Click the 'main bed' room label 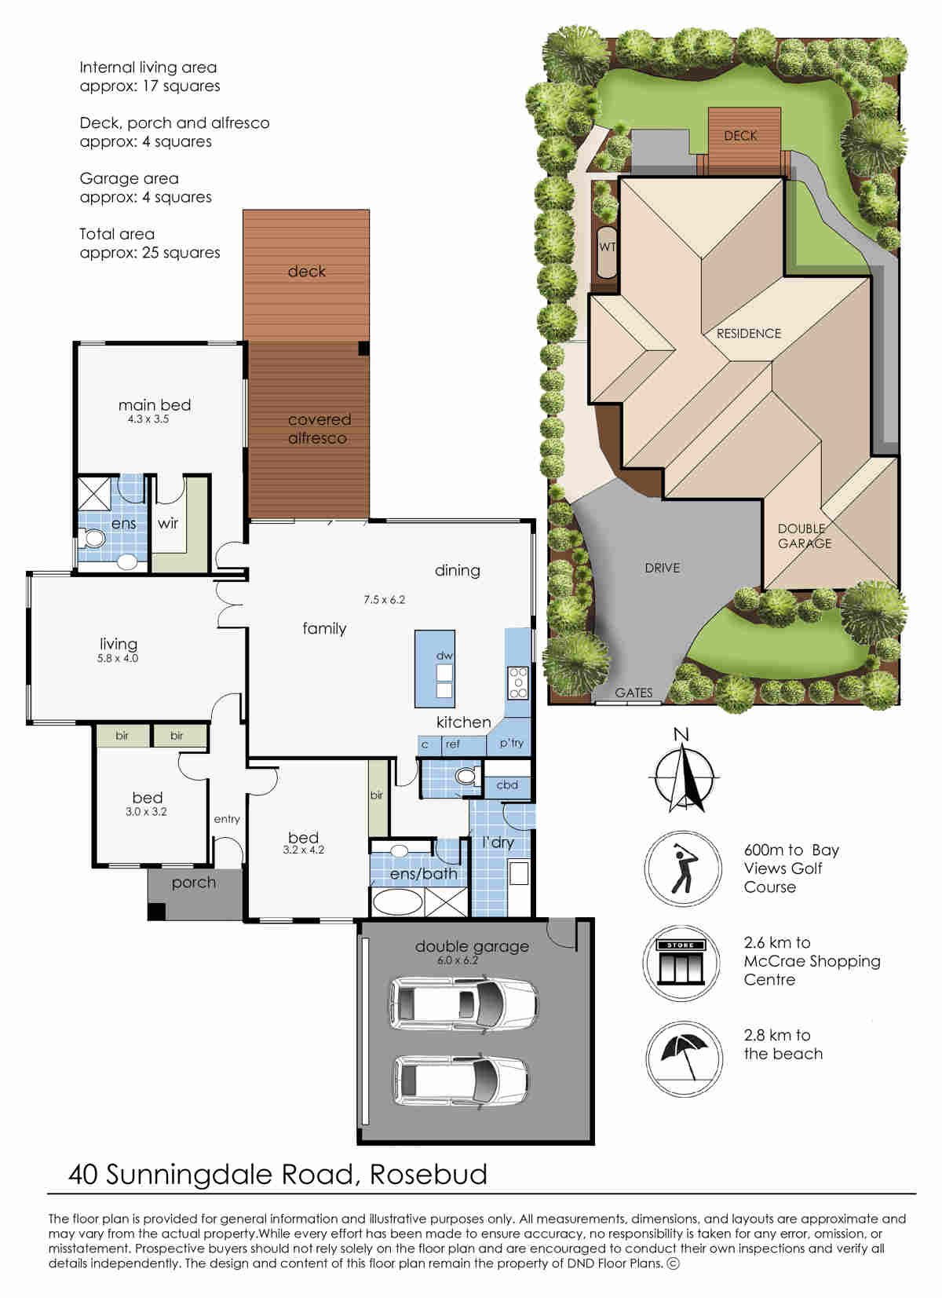click(x=155, y=405)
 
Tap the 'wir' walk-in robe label click(x=168, y=523)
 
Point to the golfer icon click(x=684, y=868)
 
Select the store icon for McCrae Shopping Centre click(x=681, y=963)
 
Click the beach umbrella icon click(x=685, y=1058)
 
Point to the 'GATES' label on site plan click(x=633, y=693)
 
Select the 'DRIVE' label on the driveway click(x=663, y=568)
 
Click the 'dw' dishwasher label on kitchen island click(x=444, y=656)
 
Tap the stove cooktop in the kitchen click(x=518, y=682)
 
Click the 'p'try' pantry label click(x=512, y=744)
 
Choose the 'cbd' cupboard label click(x=507, y=785)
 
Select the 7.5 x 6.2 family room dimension click(x=384, y=600)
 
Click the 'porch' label click(x=194, y=883)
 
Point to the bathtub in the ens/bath click(x=397, y=902)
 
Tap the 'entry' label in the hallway click(x=227, y=819)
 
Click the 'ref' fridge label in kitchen click(x=452, y=744)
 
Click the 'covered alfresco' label click(x=319, y=429)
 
